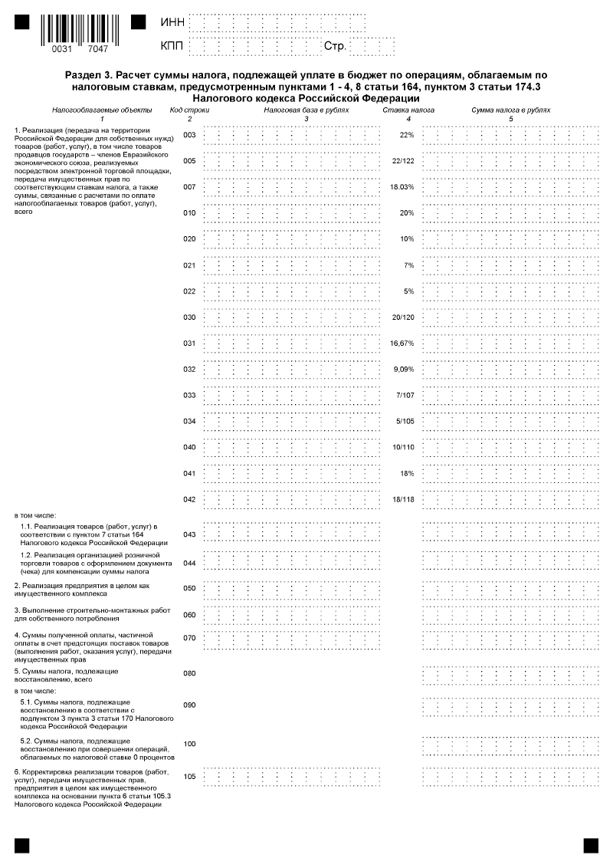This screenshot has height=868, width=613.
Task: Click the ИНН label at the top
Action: click(x=172, y=23)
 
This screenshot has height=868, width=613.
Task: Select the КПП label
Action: click(x=172, y=48)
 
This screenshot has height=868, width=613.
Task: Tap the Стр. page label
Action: click(x=335, y=48)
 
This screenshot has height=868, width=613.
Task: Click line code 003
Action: click(x=190, y=135)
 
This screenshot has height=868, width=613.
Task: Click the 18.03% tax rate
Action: click(x=402, y=187)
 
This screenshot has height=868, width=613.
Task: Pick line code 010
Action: click(x=190, y=213)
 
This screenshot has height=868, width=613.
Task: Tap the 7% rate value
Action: click(x=408, y=265)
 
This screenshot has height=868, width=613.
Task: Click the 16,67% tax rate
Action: click(x=402, y=344)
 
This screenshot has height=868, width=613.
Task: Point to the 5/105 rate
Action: click(x=404, y=422)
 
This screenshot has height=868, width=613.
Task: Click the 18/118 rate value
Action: click(x=402, y=500)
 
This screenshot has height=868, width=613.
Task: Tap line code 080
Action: click(x=190, y=674)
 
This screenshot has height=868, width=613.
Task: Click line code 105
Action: click(x=190, y=777)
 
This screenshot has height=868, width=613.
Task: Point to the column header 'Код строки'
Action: click(x=189, y=110)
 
